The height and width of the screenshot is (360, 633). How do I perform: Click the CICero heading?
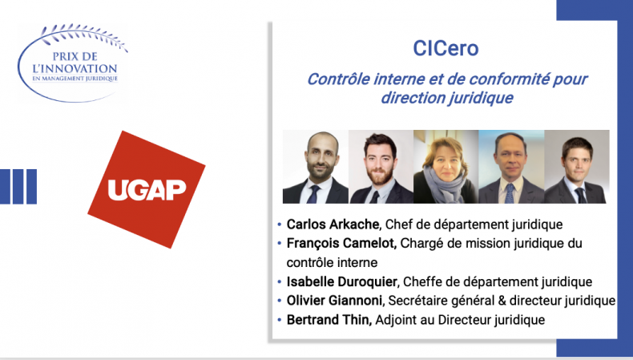pyautogui.click(x=446, y=48)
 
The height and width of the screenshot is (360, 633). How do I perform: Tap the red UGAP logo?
pyautogui.click(x=147, y=189)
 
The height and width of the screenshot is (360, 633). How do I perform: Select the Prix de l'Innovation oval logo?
pyautogui.click(x=73, y=63)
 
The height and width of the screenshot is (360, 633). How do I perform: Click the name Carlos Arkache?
pyautogui.click(x=333, y=224)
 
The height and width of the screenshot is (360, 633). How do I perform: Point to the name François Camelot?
pyautogui.click(x=341, y=243)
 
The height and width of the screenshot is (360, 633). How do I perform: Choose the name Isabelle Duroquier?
pyautogui.click(x=341, y=281)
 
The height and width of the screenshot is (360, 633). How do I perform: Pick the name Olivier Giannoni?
pyautogui.click(x=334, y=301)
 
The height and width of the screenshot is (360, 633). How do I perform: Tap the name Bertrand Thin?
pyautogui.click(x=329, y=320)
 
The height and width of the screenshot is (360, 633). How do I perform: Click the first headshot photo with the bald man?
pyautogui.click(x=315, y=167)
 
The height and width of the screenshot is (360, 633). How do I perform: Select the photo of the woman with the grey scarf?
pyautogui.click(x=446, y=167)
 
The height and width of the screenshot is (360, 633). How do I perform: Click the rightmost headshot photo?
pyautogui.click(x=577, y=167)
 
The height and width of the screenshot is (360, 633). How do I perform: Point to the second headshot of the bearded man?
pyautogui.click(x=381, y=167)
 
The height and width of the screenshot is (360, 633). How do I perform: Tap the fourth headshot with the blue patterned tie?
pyautogui.click(x=511, y=167)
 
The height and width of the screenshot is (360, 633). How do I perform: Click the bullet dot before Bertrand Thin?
pyautogui.click(x=280, y=320)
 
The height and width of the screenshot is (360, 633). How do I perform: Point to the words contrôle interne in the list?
pyautogui.click(x=332, y=263)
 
